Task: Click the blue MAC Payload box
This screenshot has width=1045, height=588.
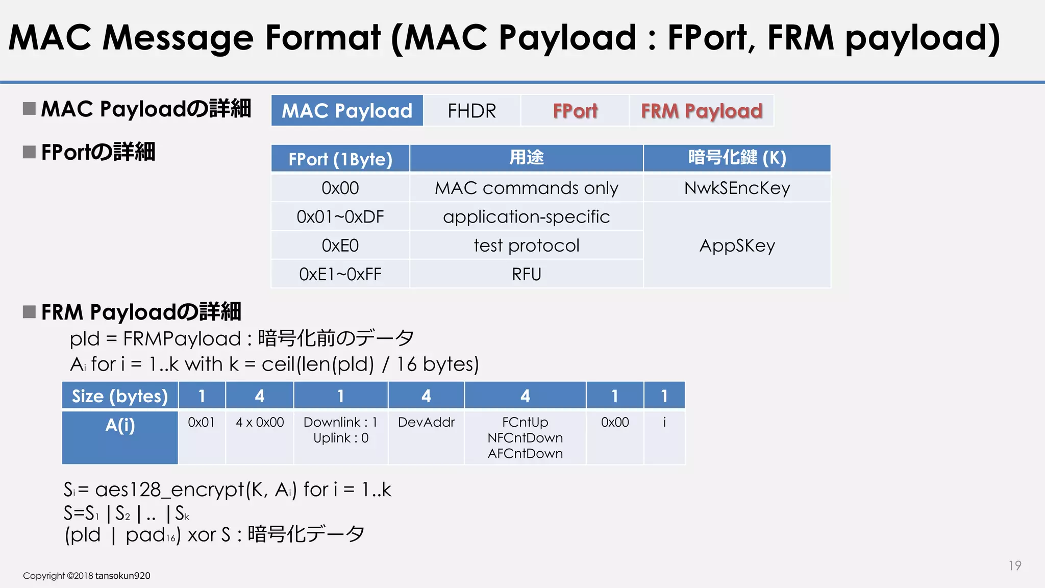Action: click(347, 111)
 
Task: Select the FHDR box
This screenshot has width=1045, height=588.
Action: click(471, 111)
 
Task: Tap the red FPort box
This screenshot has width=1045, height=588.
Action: click(575, 111)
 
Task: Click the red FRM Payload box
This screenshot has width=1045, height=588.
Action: click(702, 111)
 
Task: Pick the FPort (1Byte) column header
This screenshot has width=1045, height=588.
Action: click(340, 159)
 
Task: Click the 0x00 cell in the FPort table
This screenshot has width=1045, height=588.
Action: click(340, 188)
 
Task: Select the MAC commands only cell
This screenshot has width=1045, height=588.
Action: click(526, 188)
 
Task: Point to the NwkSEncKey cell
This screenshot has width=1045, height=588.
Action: click(737, 188)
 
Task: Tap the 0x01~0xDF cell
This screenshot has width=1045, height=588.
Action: click(340, 217)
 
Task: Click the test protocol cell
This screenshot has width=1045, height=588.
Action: click(526, 246)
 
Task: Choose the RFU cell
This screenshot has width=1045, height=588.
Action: click(526, 275)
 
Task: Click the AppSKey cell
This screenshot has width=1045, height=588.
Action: click(737, 246)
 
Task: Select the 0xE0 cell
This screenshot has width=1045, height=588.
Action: click(340, 246)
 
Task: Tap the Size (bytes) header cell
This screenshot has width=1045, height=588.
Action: click(120, 396)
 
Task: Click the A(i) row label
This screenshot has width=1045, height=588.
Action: click(120, 425)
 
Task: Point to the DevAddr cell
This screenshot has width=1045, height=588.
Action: click(426, 423)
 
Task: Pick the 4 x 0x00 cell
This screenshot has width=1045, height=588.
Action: click(260, 423)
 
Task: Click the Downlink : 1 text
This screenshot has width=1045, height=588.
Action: click(340, 423)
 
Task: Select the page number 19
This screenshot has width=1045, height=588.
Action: click(1014, 566)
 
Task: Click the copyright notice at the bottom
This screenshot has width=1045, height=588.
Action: click(87, 576)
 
